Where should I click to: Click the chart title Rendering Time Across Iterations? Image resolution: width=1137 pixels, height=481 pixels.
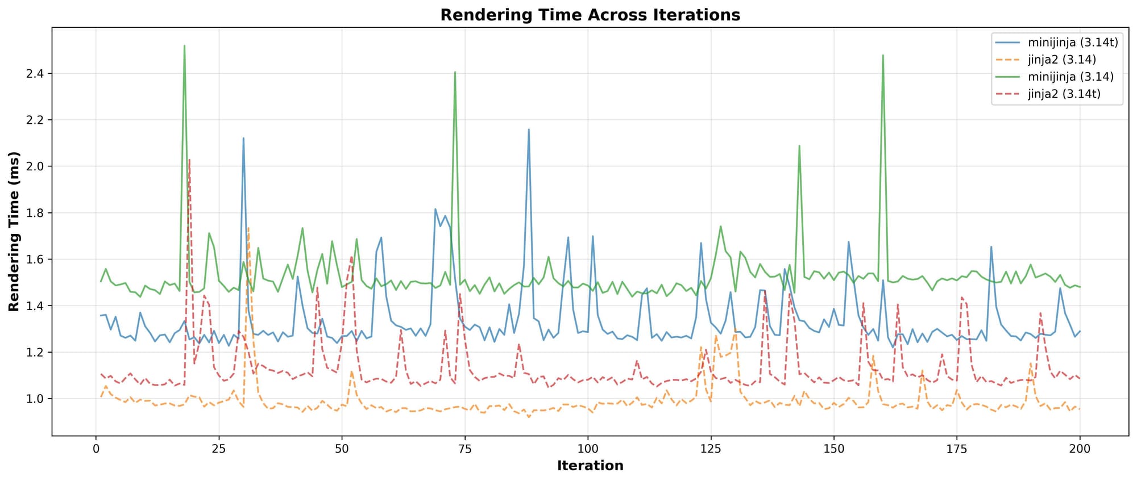click(x=590, y=15)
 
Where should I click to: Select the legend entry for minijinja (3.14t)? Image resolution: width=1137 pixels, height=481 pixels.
click(x=1073, y=43)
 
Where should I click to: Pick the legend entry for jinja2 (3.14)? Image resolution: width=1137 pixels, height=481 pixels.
click(x=1061, y=60)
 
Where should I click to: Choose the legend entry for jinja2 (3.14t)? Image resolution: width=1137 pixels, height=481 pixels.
click(x=1064, y=94)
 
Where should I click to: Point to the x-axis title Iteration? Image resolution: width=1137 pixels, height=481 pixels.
click(x=590, y=466)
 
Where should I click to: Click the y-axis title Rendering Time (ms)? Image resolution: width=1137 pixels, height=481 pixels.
click(x=14, y=231)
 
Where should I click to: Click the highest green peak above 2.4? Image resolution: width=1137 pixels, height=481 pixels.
click(x=184, y=46)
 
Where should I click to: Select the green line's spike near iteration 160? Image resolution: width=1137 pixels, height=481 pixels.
click(x=883, y=56)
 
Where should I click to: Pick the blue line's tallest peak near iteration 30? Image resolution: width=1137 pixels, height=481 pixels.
click(x=243, y=138)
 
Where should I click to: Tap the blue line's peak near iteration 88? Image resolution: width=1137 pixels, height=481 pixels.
click(x=529, y=129)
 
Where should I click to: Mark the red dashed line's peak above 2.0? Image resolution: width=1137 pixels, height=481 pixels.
click(x=189, y=160)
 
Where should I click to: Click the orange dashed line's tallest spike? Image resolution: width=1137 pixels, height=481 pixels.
click(x=248, y=228)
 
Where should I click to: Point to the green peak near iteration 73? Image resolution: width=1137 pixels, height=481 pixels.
click(x=455, y=72)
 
